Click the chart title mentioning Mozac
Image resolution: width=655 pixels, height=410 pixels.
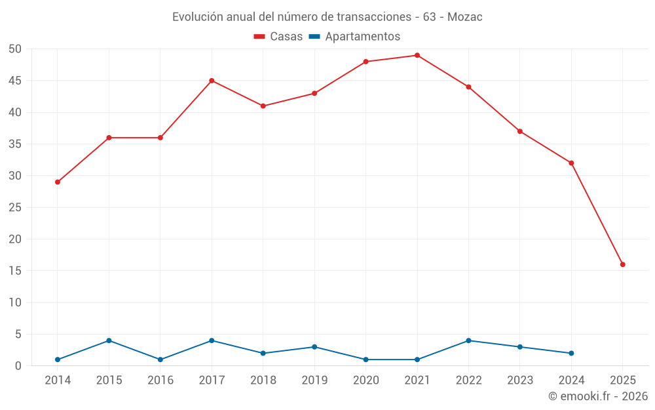[327, 17]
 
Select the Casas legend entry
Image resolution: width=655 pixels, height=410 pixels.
[278, 37]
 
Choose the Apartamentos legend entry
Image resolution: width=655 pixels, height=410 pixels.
[354, 37]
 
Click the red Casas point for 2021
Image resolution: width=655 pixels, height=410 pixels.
[417, 55]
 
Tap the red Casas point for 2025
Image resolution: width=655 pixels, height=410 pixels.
[623, 264]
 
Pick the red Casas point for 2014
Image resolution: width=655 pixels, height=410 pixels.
[58, 182]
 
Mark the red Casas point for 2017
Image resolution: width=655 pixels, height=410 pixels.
[212, 81]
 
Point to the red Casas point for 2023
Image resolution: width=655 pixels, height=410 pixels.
[520, 131]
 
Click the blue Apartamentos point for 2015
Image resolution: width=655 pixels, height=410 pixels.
[109, 340]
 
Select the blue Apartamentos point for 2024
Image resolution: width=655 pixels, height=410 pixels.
[571, 353]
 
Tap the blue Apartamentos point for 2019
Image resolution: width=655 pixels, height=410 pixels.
[314, 347]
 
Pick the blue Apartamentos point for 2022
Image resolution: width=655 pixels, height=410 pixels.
[468, 340]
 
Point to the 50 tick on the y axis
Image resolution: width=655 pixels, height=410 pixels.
[16, 49]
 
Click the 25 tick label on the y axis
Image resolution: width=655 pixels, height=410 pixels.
[16, 207]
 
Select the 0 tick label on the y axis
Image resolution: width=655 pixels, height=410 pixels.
[19, 366]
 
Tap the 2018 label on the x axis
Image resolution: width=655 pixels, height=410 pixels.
[263, 380]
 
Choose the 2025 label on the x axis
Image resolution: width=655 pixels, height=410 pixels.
[623, 380]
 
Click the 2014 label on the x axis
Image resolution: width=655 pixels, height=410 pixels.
[58, 380]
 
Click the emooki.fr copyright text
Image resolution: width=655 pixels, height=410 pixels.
[598, 396]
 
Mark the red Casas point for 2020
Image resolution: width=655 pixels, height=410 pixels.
[365, 62]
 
